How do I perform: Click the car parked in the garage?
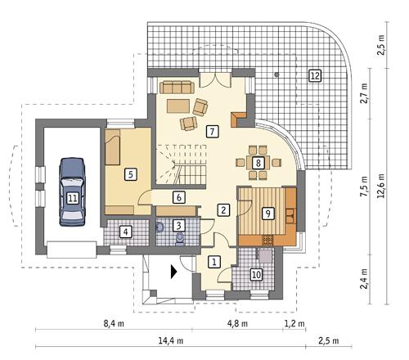(x=73, y=191)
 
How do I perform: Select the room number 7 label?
(x=212, y=130)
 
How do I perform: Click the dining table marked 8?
(x=258, y=162)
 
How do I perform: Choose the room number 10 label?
(x=256, y=274)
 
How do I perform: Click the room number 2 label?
(x=222, y=209)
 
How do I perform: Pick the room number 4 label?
(x=125, y=232)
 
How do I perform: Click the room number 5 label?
(x=129, y=174)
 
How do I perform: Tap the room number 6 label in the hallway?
(x=178, y=197)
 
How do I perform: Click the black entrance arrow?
(x=173, y=273)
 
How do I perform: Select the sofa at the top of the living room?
(x=177, y=87)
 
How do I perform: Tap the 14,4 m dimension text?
(x=175, y=340)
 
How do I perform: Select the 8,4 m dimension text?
(x=114, y=324)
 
